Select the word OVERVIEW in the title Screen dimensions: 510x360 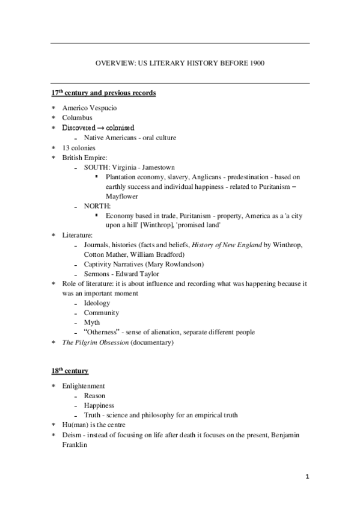click(x=114, y=63)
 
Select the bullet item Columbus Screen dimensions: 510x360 click(x=77, y=118)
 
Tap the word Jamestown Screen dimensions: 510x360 click(x=159, y=167)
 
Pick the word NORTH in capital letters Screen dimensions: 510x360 click(x=97, y=206)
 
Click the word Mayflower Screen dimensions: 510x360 click(x=122, y=197)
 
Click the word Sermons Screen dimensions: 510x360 click(x=97, y=274)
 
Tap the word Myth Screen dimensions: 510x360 click(x=92, y=323)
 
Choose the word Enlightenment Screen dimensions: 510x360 click(x=84, y=386)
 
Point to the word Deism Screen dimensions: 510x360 click(x=72, y=435)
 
